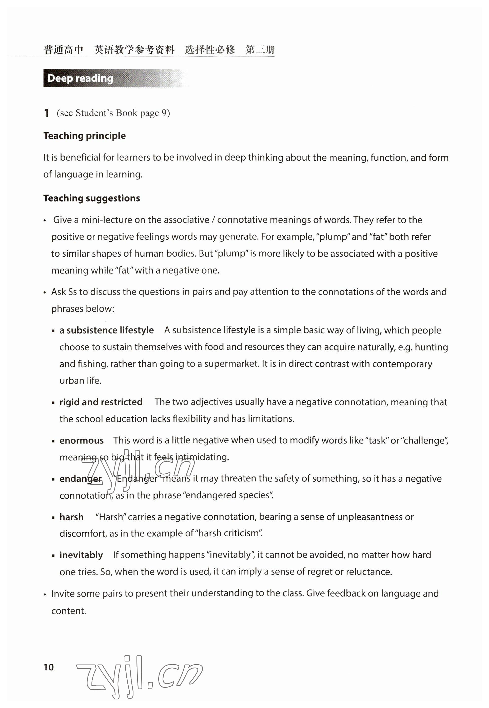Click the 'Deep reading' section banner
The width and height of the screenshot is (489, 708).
point(81,78)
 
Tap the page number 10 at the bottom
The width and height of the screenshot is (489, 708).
point(49,667)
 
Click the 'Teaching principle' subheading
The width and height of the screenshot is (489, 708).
point(85,136)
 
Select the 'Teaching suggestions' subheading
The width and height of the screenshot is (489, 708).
point(92,198)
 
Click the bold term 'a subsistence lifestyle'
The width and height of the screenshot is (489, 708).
point(107,330)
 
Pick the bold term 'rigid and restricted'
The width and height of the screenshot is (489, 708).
point(101,402)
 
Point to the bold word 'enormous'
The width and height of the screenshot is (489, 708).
point(82,440)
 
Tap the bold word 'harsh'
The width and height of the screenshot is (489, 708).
point(72,517)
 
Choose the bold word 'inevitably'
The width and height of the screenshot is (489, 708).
point(81,555)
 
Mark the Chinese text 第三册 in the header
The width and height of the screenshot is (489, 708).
point(260,50)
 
